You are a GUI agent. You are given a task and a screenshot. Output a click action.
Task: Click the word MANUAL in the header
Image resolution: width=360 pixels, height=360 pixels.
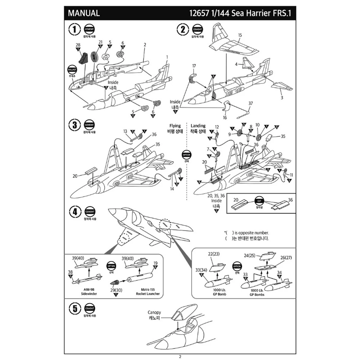click(84, 13)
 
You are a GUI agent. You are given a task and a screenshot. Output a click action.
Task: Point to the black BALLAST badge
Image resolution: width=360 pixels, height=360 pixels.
click(72, 69)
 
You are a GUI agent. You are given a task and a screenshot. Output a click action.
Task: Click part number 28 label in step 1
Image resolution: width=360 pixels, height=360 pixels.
click(78, 45)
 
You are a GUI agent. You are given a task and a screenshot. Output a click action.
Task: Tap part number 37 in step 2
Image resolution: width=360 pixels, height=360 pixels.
click(250, 103)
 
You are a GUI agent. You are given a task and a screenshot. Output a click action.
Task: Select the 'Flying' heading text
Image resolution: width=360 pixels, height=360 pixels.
click(175, 126)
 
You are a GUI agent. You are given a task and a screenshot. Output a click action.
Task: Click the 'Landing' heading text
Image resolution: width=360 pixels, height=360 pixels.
click(198, 126)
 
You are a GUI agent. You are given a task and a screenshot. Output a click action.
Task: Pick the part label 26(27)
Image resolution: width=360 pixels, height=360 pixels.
click(286, 257)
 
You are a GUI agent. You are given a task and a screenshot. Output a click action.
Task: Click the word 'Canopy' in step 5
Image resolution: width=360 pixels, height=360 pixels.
click(154, 312)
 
